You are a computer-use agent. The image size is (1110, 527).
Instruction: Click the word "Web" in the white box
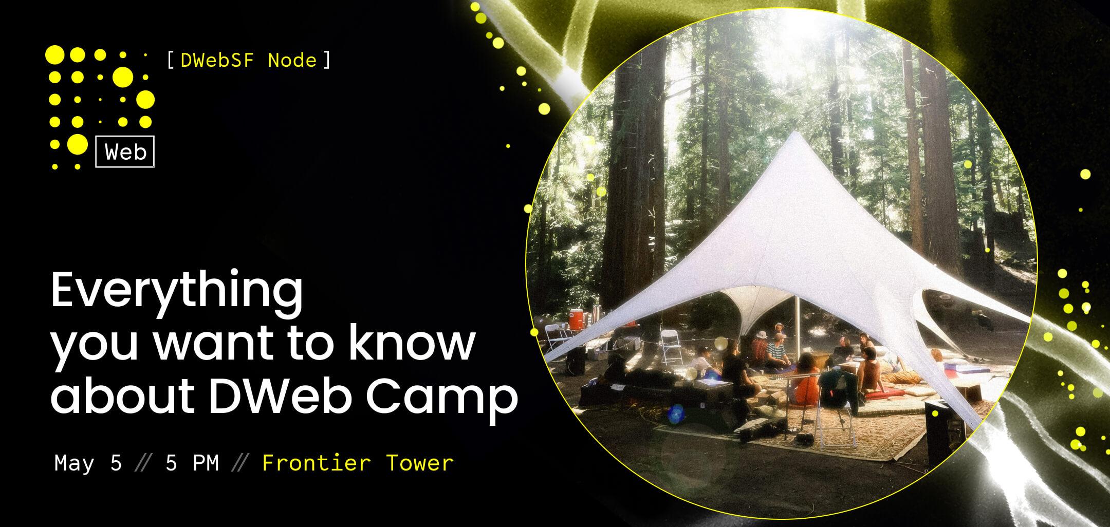125,152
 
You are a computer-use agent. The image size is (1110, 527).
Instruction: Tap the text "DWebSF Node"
249,61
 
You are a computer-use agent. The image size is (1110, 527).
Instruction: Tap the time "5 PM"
192,463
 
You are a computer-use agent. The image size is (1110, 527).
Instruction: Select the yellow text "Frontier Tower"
358,463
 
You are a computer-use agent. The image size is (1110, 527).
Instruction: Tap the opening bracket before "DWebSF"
171,61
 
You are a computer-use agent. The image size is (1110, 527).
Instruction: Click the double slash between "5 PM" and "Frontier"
240,464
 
